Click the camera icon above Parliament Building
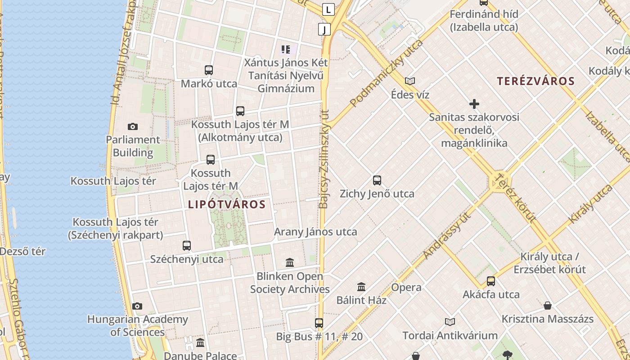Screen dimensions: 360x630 [x=133, y=126]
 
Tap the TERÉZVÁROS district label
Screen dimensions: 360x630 [x=535, y=81]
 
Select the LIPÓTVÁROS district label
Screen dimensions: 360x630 [x=227, y=204]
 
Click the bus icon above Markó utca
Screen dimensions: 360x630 [x=209, y=70]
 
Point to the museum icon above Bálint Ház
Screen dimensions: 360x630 [x=361, y=287]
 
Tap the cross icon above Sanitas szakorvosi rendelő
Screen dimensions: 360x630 [x=474, y=104]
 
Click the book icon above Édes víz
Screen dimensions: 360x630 [x=410, y=81]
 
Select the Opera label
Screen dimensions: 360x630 [x=406, y=288]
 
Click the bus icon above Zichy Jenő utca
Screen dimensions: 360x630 [x=377, y=180]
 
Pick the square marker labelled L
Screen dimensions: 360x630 [x=329, y=9]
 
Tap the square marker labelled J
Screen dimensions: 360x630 [x=324, y=29]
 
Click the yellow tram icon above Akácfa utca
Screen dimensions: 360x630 [x=491, y=281]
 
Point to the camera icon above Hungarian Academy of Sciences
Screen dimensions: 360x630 [x=137, y=306]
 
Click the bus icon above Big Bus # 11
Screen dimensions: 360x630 [x=319, y=323]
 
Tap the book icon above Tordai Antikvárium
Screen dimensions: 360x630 [x=450, y=322]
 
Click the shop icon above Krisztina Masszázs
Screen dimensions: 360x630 [x=548, y=306]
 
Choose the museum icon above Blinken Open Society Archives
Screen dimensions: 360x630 [x=290, y=262]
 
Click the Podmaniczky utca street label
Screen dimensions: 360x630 [x=387, y=73]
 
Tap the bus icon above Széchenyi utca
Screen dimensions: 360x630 [x=187, y=246]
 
